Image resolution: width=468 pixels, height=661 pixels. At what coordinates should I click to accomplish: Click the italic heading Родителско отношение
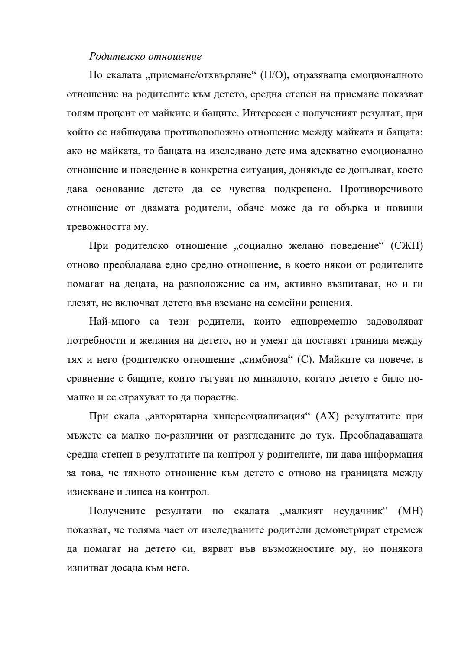[145, 56]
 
